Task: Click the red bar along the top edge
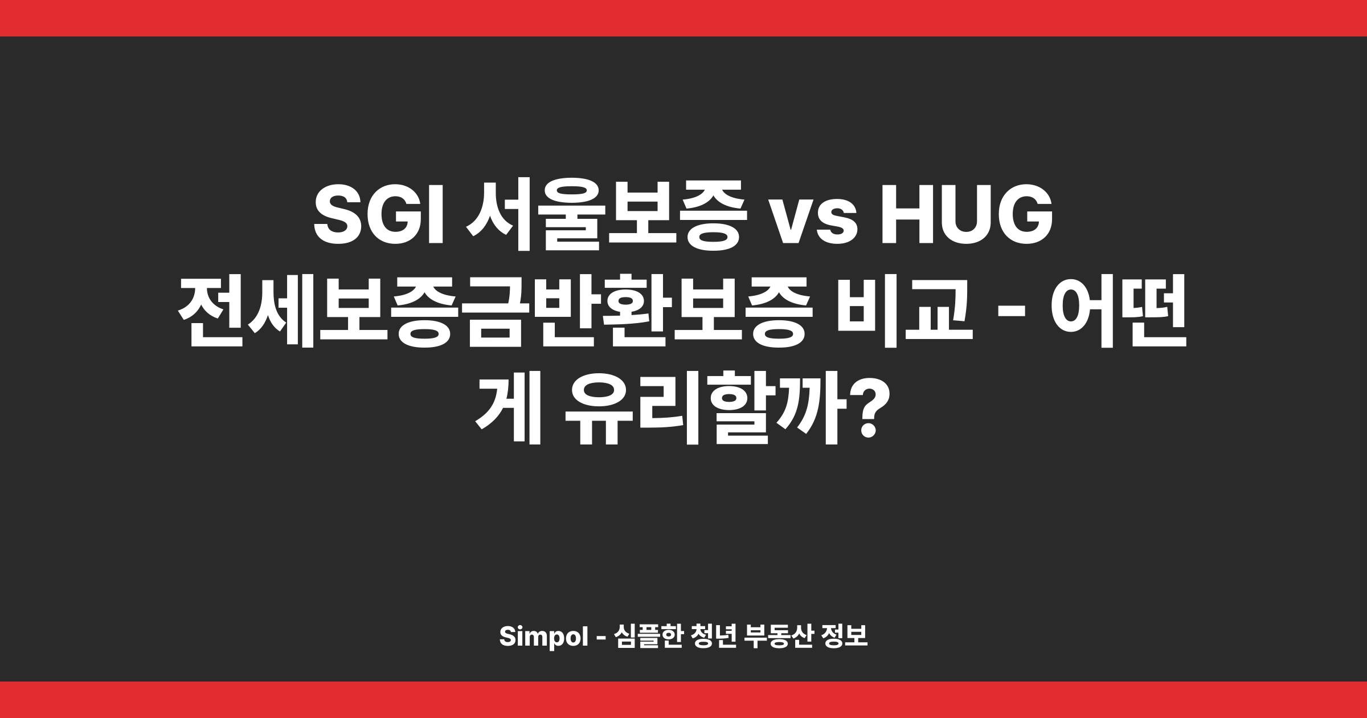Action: click(683, 18)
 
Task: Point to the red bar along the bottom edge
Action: click(683, 700)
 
